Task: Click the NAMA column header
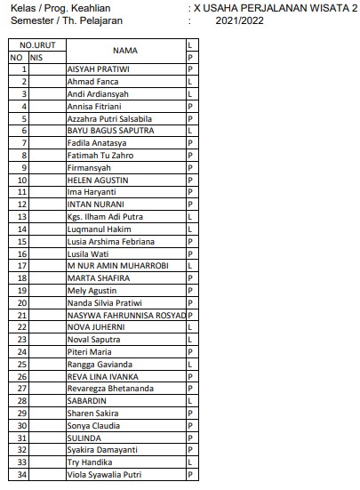click(x=125, y=51)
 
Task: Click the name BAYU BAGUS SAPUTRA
click(x=110, y=131)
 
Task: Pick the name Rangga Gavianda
click(x=100, y=365)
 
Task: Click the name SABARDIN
click(x=88, y=402)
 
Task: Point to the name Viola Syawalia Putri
click(x=104, y=476)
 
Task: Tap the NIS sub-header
click(x=36, y=57)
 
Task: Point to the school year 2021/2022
click(x=239, y=19)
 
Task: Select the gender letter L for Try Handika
click(x=190, y=463)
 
